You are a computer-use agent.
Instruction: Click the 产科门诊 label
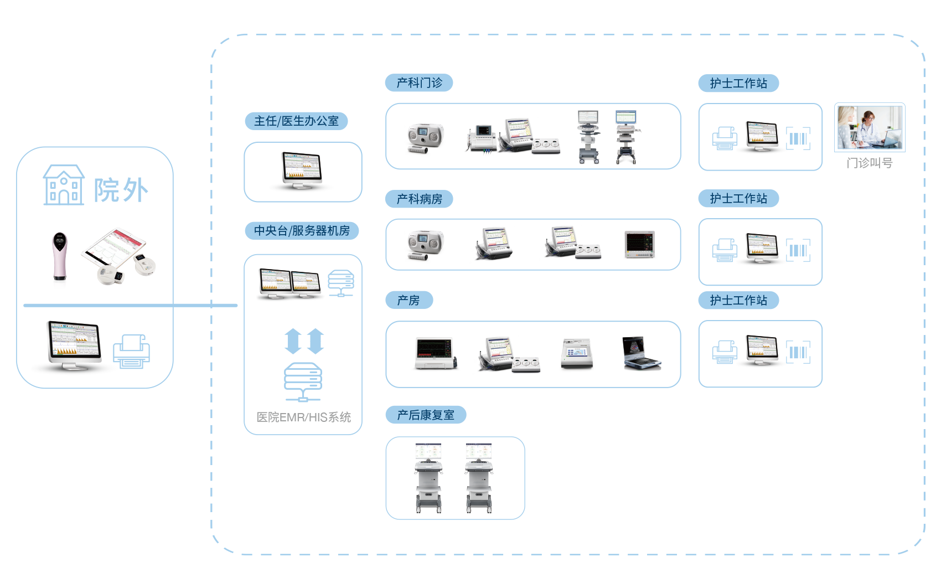[x=419, y=83]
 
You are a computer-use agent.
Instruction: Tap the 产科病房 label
[x=419, y=199]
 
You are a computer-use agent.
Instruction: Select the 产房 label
[x=409, y=301]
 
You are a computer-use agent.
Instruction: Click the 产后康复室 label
[x=425, y=415]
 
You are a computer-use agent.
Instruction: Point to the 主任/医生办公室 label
[x=296, y=121]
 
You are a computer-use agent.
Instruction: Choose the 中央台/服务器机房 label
[x=302, y=231]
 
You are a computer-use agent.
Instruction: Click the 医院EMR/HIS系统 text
[x=303, y=417]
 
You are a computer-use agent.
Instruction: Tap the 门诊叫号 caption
[x=870, y=163]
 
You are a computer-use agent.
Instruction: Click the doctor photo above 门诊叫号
[x=870, y=127]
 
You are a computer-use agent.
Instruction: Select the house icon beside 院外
[x=64, y=185]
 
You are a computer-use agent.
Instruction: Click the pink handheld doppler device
[x=59, y=260]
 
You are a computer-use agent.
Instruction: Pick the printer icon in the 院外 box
[x=131, y=352]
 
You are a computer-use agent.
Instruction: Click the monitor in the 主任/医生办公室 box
[x=302, y=172]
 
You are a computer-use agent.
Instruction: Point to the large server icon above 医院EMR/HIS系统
[x=303, y=381]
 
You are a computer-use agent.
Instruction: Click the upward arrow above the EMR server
[x=292, y=341]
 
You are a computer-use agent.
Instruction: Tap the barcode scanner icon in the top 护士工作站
[x=798, y=138]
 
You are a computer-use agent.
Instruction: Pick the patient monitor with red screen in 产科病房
[x=640, y=245]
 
